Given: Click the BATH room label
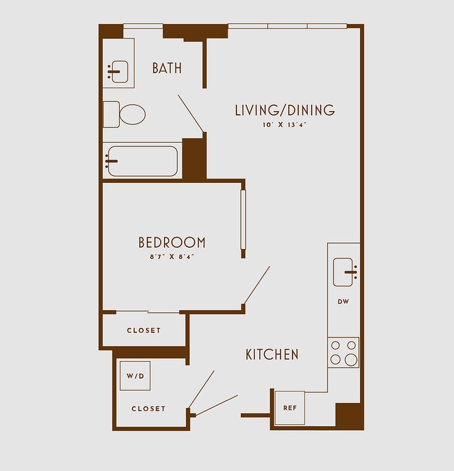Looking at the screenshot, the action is (167, 68).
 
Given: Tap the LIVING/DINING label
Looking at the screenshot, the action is (284, 110).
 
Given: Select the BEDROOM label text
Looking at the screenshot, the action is (172, 242).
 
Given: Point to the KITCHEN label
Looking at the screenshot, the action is (272, 354).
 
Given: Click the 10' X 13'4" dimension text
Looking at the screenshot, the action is (284, 125).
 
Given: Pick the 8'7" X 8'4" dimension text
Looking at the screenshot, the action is (172, 257).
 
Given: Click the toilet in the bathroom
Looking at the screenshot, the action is (124, 114).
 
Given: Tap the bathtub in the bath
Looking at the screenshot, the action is (143, 161).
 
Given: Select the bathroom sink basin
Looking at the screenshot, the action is (120, 71).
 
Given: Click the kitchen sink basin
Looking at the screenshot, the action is (342, 272).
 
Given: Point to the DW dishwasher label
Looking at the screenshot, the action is (343, 301).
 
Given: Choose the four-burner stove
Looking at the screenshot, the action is (343, 352).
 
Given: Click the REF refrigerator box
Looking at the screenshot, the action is (289, 408).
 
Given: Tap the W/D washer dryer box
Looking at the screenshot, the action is (135, 376).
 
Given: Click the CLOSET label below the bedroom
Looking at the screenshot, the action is (144, 330).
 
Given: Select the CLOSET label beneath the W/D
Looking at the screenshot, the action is (148, 409).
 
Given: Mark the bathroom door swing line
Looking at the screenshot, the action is (191, 113).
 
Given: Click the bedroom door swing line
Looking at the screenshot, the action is (257, 285).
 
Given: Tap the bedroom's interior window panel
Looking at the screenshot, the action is (243, 219).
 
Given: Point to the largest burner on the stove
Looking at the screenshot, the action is (351, 359).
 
